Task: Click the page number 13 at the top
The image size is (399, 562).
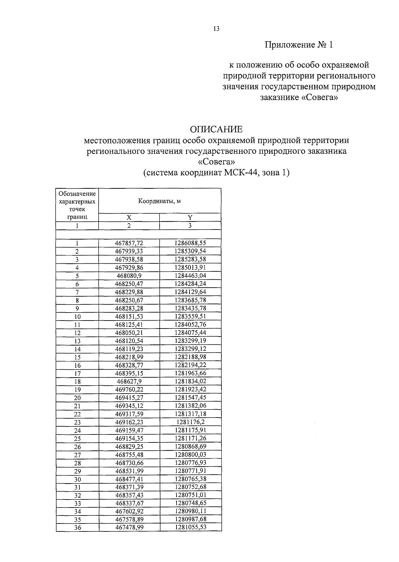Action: point(216,29)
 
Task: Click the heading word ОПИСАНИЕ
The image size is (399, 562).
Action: point(216,129)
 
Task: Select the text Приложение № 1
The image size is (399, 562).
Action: point(299,45)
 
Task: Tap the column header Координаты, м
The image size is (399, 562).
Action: point(160,201)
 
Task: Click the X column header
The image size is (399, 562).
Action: point(129,218)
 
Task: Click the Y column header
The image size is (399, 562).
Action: point(190,218)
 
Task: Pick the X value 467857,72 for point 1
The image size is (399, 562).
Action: point(129,243)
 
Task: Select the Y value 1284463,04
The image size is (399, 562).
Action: point(190,276)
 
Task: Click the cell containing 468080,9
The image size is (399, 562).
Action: point(129,276)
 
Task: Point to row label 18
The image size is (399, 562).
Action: point(77,382)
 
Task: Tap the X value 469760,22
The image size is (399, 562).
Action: point(129,390)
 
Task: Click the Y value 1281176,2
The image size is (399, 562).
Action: point(190,422)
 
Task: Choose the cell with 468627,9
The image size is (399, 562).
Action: point(129,382)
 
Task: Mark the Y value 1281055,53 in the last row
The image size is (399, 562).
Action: point(190,527)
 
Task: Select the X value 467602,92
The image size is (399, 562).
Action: point(129,511)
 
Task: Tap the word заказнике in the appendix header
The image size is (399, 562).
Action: point(279,98)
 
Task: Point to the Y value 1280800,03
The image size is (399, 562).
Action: point(190,455)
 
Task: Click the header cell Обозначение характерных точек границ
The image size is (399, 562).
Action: point(77,205)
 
